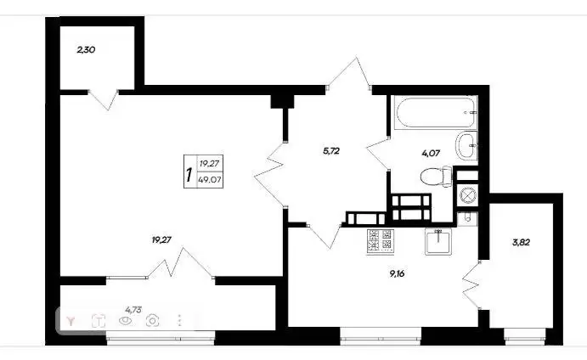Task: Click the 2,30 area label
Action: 86,49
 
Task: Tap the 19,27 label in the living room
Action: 161,240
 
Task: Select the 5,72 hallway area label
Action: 331,151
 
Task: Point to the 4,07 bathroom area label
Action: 431,153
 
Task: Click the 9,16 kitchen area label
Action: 397,273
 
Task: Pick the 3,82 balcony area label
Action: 521,242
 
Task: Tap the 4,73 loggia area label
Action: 133,309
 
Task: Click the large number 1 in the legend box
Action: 189,175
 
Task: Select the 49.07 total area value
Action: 210,180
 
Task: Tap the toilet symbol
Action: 437,177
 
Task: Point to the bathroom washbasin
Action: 466,145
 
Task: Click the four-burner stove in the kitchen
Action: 381,242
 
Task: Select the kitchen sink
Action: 438,242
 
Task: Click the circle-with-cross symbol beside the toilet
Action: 466,194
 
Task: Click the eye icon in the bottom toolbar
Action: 126,321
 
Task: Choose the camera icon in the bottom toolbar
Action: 153,321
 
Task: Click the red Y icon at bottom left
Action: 71,321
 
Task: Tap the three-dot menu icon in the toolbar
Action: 180,321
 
